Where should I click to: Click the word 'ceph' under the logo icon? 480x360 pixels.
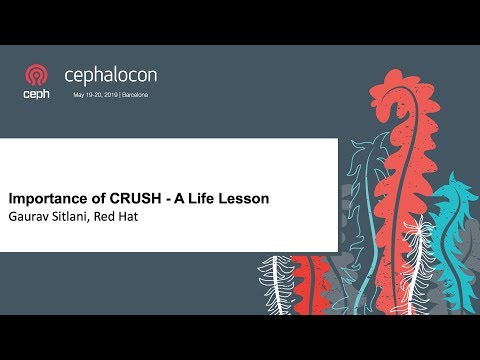pos(37,94)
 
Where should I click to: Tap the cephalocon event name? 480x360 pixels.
pos(110,75)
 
